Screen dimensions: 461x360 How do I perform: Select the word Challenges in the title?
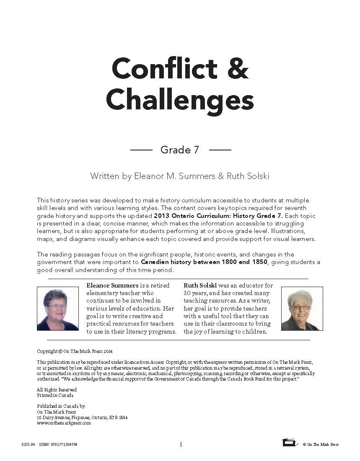point(180,100)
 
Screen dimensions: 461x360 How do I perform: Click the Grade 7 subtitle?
point(180,150)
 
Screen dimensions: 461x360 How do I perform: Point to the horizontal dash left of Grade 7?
point(141,150)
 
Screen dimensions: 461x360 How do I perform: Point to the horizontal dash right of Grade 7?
point(220,150)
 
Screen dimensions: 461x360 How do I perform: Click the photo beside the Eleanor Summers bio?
point(58,309)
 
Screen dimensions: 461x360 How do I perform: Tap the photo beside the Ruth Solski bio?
point(302,309)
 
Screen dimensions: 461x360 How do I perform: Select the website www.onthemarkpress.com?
point(64,423)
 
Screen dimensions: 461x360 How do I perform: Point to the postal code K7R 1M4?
point(118,418)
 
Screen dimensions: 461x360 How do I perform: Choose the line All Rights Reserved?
point(57,390)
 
